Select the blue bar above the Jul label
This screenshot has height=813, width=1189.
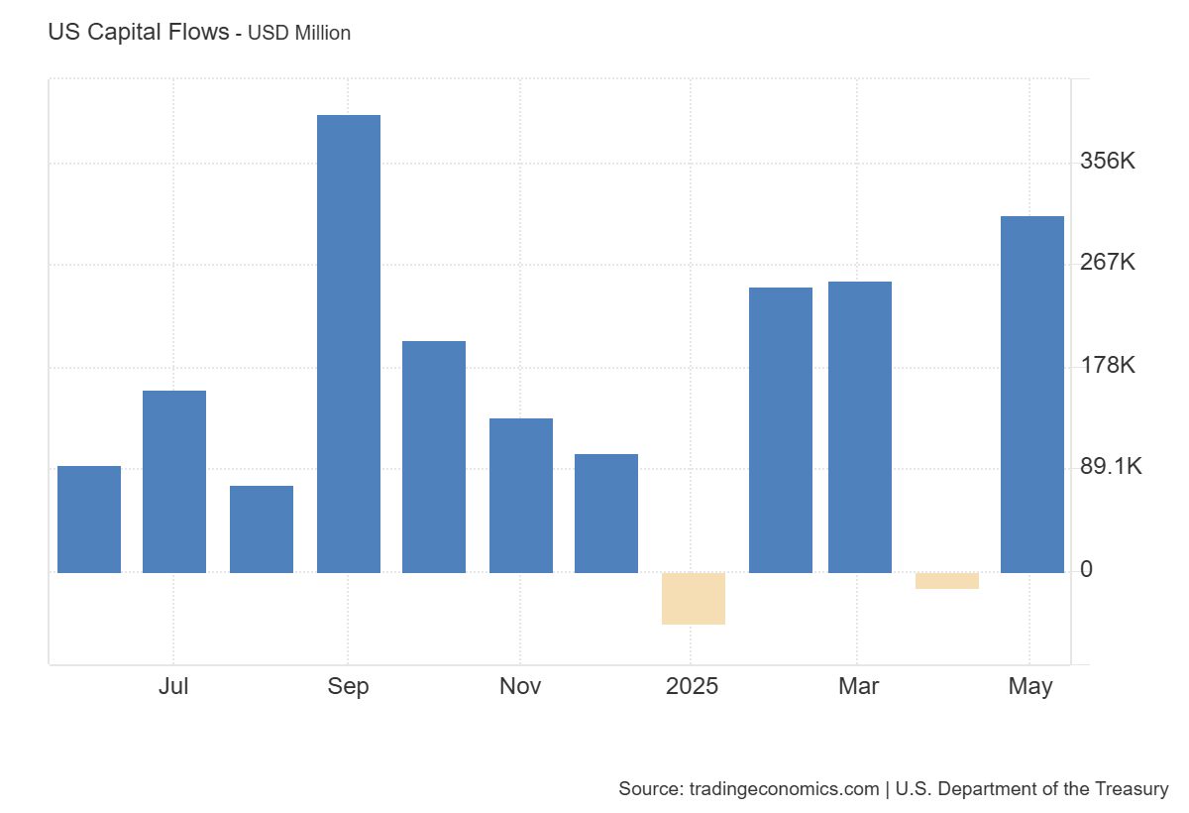(174, 482)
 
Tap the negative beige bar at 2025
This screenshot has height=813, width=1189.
(694, 599)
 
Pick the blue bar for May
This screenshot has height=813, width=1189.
(1031, 395)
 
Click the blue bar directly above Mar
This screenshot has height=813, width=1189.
(859, 427)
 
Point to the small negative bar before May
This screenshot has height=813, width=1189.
(946, 581)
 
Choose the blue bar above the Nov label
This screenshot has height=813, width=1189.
(521, 496)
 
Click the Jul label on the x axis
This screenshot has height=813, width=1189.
(173, 686)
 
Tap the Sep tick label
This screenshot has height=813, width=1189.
(348, 686)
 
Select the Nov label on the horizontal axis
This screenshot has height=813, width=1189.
(520, 686)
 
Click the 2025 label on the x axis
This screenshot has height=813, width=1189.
(693, 686)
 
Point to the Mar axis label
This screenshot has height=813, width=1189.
(858, 686)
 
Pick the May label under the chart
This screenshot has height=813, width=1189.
(1030, 686)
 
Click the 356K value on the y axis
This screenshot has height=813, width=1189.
(1108, 161)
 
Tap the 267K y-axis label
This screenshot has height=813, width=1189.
(1108, 263)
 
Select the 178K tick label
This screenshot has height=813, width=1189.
(1108, 365)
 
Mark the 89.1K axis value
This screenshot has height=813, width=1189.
(1111, 467)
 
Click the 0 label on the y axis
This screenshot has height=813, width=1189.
(1087, 569)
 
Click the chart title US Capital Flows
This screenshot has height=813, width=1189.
(138, 32)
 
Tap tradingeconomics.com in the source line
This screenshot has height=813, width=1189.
(782, 789)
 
